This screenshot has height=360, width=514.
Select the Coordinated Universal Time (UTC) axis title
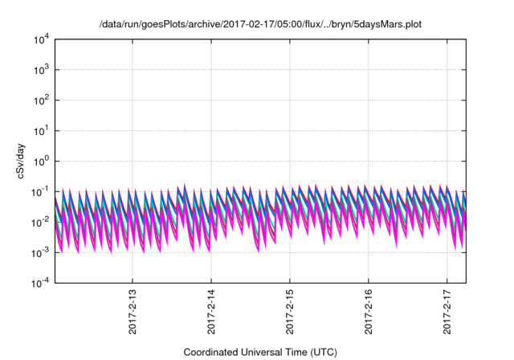260,352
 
